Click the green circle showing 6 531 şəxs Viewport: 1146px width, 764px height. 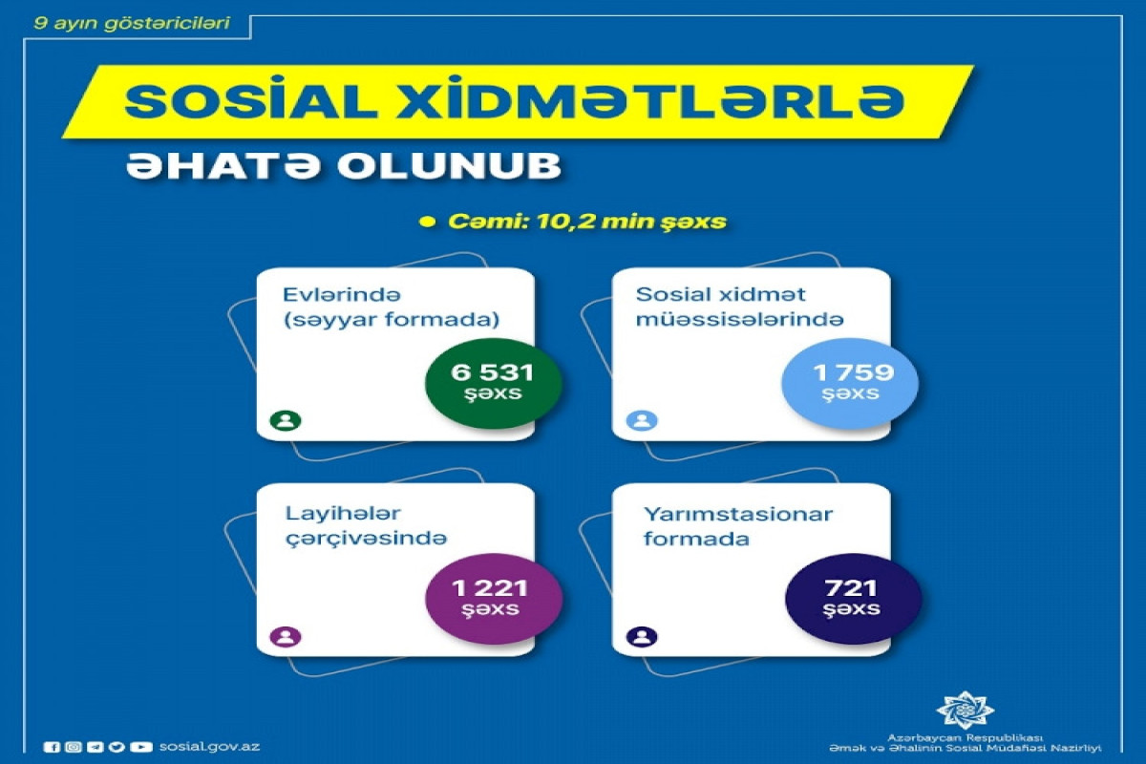[493, 383]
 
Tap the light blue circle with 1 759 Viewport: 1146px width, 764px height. [850, 383]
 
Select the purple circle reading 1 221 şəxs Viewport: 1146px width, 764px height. [493, 599]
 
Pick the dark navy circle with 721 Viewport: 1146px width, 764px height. [853, 599]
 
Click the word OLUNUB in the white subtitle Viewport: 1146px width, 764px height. [449, 165]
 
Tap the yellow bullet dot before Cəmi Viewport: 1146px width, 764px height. [427, 223]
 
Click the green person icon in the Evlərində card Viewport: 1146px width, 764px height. [286, 420]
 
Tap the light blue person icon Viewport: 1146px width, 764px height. [642, 420]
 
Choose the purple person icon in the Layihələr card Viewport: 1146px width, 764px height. [286, 637]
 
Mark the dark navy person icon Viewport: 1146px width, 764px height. [642, 637]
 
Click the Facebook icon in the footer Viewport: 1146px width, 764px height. [52, 747]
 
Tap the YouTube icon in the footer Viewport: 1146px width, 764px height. [140, 747]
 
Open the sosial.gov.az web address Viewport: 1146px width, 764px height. [210, 747]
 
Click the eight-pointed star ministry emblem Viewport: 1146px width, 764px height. [965, 710]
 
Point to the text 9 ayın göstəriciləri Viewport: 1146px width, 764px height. [132, 23]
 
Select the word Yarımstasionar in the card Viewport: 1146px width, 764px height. [738, 515]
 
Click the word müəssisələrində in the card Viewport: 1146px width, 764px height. [739, 319]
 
